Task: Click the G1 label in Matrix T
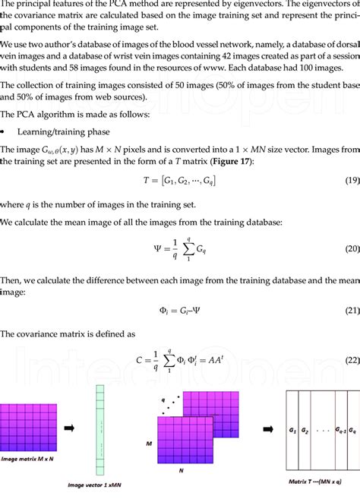(x=292, y=429)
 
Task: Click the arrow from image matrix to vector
(x=70, y=428)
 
